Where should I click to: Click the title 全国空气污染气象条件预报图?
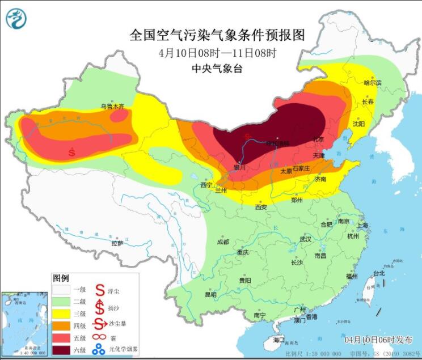coord(217,35)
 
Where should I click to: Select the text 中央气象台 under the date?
coord(217,69)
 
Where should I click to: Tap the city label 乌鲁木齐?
coord(112,106)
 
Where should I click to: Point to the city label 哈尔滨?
coord(372,83)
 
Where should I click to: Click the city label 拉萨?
coord(117,243)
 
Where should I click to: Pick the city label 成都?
coord(222,242)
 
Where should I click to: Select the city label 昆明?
coord(210,295)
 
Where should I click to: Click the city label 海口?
coord(278,340)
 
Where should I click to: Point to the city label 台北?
coord(378,273)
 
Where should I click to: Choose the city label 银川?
coord(240,167)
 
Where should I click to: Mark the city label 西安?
coord(260,207)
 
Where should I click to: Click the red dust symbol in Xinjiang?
coord(72,151)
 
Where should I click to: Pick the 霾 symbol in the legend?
coord(99,337)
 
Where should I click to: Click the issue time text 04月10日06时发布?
coord(378,340)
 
